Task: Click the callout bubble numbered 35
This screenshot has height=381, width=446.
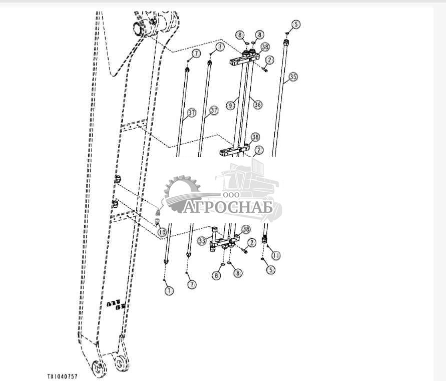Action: point(293,77)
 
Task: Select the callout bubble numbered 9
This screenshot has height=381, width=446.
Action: point(230,106)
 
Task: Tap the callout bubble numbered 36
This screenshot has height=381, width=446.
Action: point(258,105)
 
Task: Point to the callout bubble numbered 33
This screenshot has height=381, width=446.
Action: point(202,241)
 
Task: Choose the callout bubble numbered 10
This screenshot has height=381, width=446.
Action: point(161,232)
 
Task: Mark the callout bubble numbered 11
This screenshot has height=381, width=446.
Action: point(276,255)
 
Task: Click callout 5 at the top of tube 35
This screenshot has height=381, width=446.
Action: point(296,24)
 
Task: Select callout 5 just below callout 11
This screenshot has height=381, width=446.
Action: point(271,270)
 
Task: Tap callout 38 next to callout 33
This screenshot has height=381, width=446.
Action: point(246,229)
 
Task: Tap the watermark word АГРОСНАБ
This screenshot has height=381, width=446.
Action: point(228,207)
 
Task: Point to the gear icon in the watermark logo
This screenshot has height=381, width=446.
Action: point(181,189)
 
